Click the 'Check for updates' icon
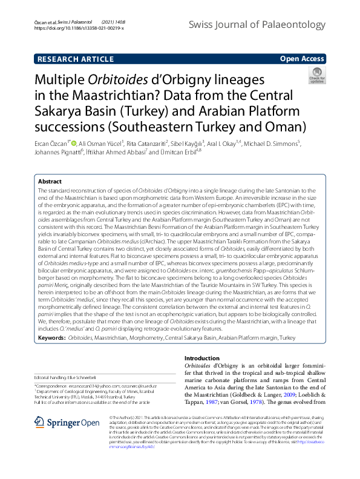[316, 76]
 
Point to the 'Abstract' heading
[50, 181]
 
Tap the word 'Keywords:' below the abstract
[51, 336]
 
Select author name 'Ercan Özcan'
[51, 144]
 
